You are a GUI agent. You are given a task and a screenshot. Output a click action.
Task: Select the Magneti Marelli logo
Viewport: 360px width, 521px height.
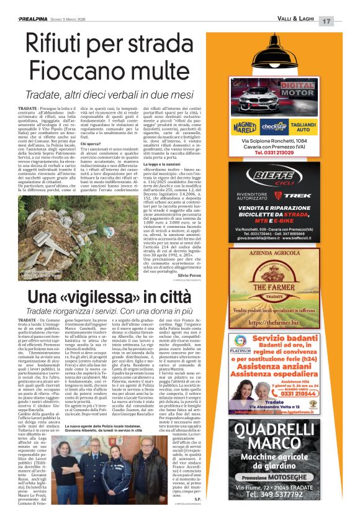point(245,127)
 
